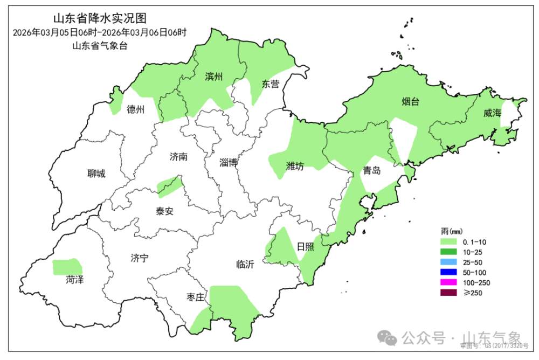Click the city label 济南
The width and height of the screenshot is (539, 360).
pos(178,157)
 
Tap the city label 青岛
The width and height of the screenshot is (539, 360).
pos(372,171)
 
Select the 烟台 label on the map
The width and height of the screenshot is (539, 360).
pos(411,102)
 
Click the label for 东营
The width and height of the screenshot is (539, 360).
pos(271,84)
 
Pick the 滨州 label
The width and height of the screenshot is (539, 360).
pos(214,77)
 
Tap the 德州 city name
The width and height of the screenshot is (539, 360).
pos(136,110)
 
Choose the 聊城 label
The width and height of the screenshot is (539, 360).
pos(96,174)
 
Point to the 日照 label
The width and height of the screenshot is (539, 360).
pos(306,246)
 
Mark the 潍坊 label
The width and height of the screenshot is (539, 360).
pos(295,166)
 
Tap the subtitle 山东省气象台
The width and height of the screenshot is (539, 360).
pos(100,46)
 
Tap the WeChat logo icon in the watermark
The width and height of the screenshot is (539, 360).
pos(387,338)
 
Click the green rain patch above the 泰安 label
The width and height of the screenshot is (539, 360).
pos(169,185)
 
